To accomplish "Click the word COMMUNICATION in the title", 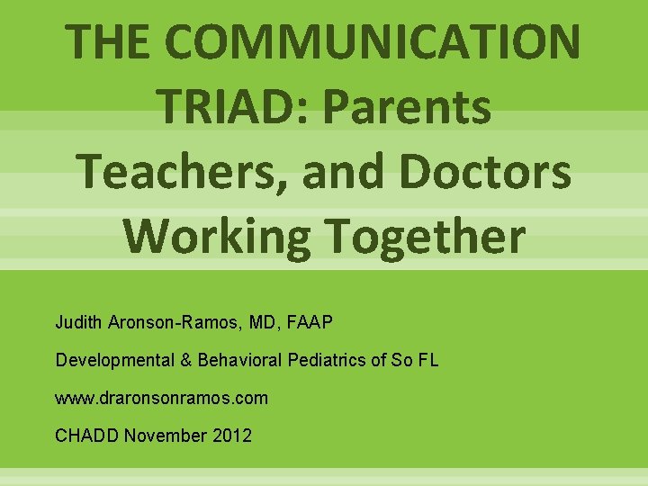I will click(x=381, y=41).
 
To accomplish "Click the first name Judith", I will click(x=78, y=321).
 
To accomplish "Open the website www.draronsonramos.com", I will click(x=162, y=398).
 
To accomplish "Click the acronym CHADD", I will click(x=87, y=436).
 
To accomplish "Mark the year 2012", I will click(x=233, y=436).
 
